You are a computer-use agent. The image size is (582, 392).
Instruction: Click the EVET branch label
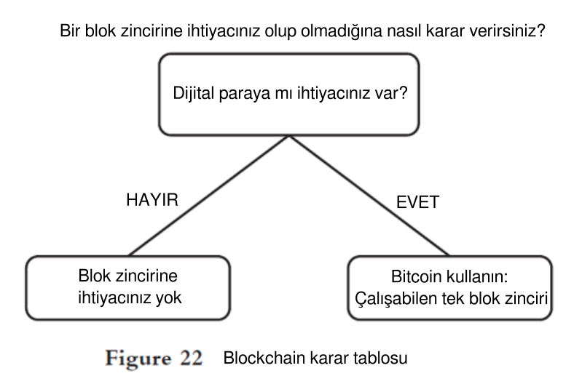tap(417, 203)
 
